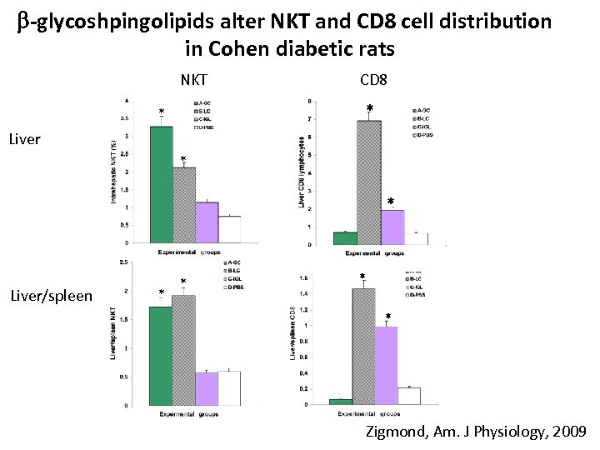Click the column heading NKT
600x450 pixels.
click(x=194, y=81)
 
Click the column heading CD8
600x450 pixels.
click(x=372, y=81)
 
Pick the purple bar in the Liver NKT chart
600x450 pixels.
click(x=206, y=222)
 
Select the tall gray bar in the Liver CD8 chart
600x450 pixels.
click(x=368, y=182)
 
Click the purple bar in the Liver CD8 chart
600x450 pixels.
click(x=392, y=227)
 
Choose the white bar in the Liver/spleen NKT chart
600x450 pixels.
click(x=228, y=388)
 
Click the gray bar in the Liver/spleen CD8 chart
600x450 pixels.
click(x=363, y=347)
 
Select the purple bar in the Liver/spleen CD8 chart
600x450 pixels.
click(x=386, y=366)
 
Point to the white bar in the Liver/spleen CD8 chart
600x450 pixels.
click(x=408, y=396)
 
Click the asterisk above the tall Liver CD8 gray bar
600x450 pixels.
click(x=370, y=108)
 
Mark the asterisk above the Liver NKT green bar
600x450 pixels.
click(x=162, y=112)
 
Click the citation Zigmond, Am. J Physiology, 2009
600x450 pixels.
click(x=476, y=432)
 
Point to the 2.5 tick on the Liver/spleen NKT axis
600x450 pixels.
click(x=122, y=263)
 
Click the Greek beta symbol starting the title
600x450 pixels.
click(x=22, y=22)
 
